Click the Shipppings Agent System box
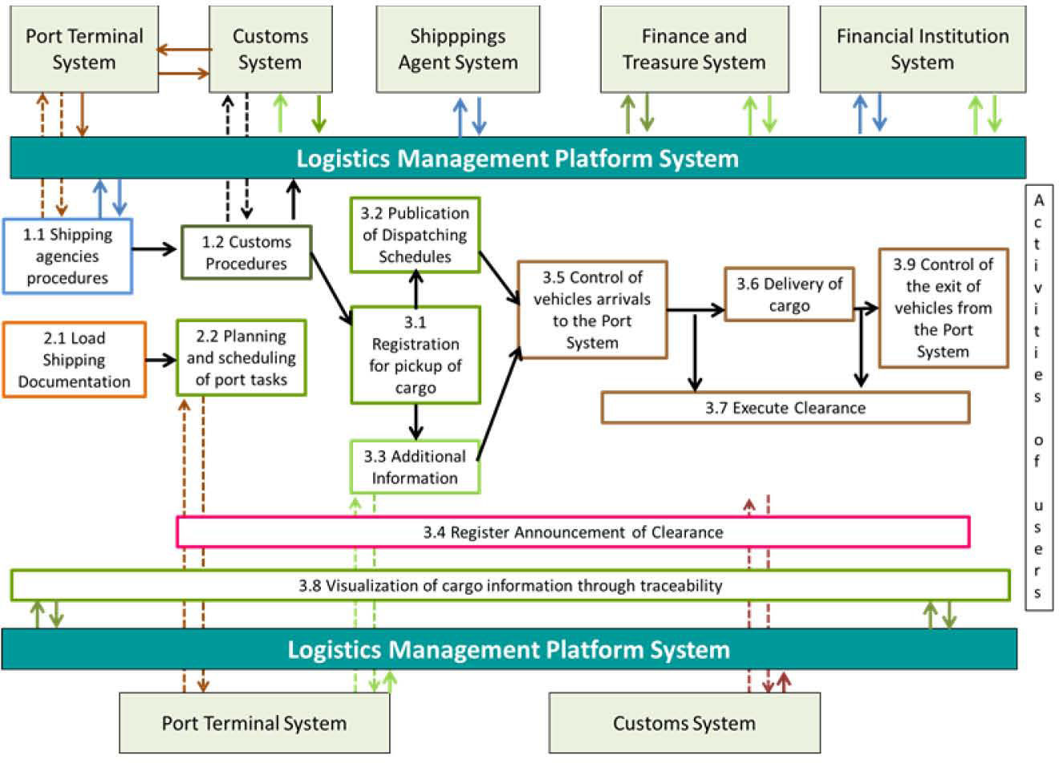(x=458, y=50)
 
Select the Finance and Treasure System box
(x=694, y=50)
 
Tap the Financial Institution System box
(x=923, y=50)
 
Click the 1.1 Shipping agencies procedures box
(x=67, y=256)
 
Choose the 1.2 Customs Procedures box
(x=245, y=252)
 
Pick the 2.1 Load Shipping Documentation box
(x=74, y=360)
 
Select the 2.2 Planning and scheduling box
(x=241, y=357)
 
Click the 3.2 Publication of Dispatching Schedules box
(x=415, y=235)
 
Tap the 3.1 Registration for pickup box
(x=415, y=355)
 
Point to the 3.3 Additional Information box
(x=415, y=467)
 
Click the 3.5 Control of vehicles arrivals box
(x=592, y=309)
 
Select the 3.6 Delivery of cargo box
(x=789, y=294)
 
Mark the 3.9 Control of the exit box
(x=943, y=308)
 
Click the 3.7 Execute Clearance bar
(x=785, y=408)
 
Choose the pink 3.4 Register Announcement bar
(x=573, y=532)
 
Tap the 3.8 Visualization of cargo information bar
(x=510, y=585)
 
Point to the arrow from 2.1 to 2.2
(x=161, y=361)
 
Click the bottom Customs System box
(x=684, y=723)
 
